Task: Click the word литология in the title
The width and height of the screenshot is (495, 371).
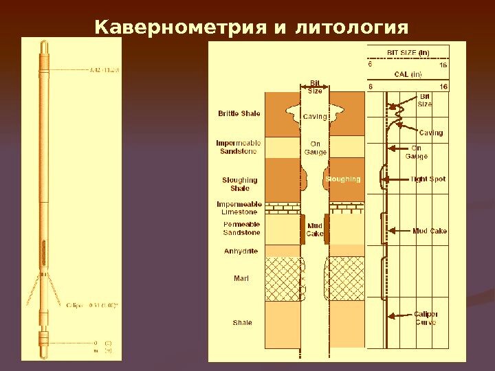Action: (x=352, y=27)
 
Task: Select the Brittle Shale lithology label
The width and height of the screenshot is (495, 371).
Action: (x=239, y=113)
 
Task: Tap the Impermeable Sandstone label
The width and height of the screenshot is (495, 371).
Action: (x=239, y=147)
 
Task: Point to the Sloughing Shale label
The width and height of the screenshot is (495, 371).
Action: (x=239, y=184)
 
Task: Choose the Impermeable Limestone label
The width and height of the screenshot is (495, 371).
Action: (x=239, y=208)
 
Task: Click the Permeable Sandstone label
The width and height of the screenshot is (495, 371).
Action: (x=241, y=229)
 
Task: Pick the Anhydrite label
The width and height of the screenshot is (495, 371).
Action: (x=241, y=251)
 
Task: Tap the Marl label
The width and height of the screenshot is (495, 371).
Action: (x=241, y=278)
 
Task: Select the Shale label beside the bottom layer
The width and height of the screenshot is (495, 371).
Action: (x=242, y=322)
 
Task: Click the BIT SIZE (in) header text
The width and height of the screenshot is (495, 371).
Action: (x=408, y=52)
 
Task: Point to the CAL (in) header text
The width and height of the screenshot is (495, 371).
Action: (x=408, y=74)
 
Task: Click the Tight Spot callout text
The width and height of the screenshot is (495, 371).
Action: (x=428, y=179)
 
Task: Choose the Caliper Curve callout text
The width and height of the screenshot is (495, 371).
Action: (x=426, y=318)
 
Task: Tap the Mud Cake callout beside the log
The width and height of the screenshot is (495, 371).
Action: (x=430, y=231)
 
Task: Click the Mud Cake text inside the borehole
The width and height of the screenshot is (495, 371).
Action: (x=315, y=229)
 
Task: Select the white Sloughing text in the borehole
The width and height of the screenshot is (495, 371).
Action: (x=343, y=179)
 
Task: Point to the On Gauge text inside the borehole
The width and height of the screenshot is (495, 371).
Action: (x=316, y=148)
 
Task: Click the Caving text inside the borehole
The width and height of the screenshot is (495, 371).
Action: (x=316, y=117)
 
